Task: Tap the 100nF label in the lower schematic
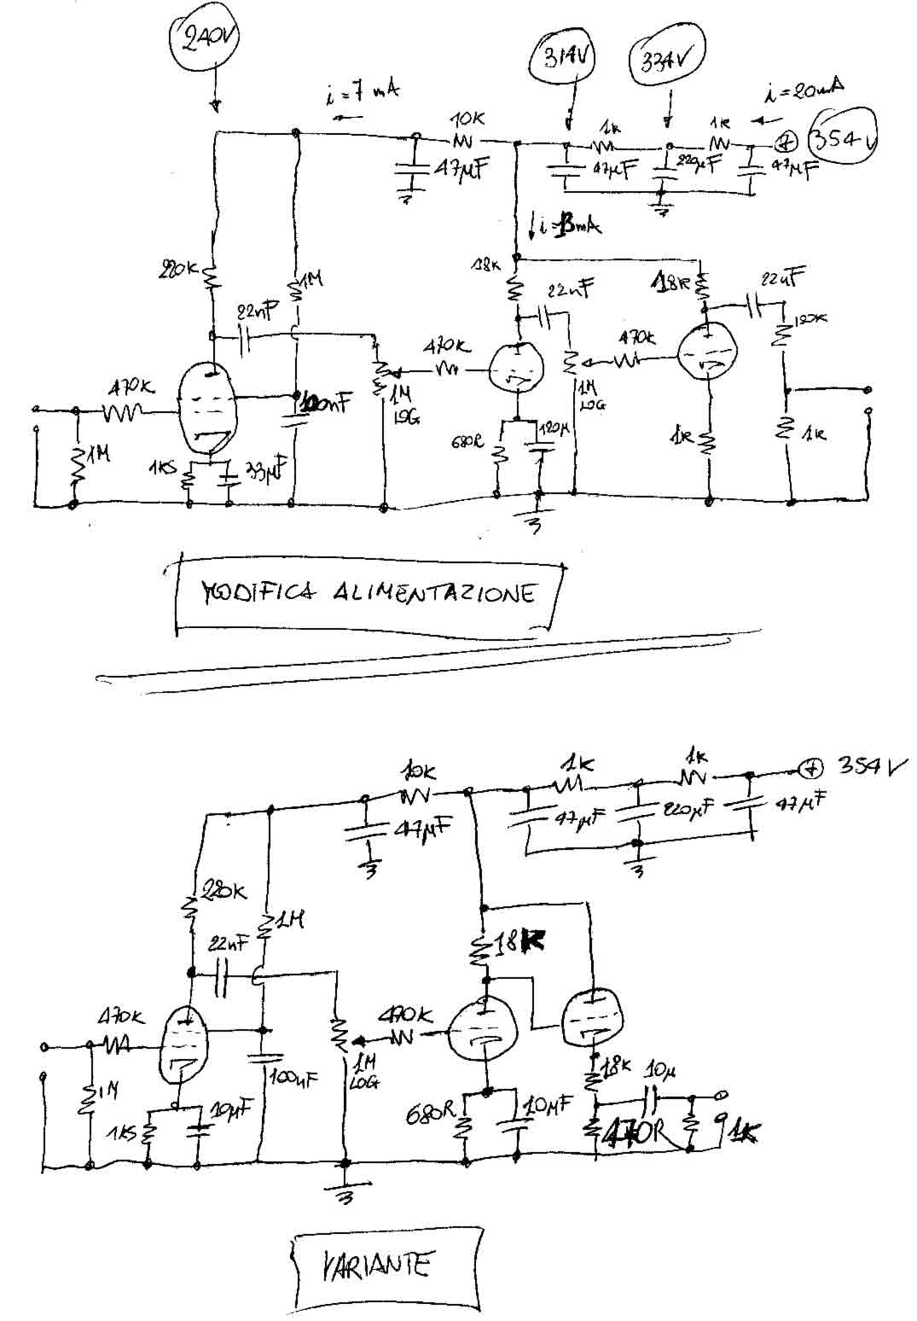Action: [x=293, y=1077]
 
